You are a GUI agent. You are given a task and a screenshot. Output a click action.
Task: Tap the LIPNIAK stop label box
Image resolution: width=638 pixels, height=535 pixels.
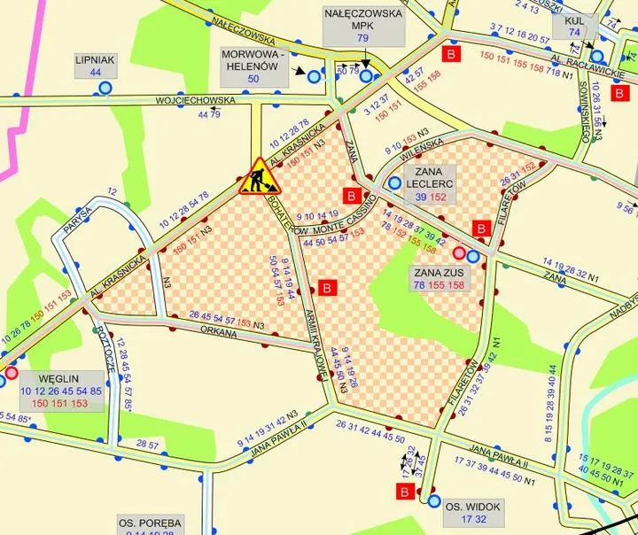96,66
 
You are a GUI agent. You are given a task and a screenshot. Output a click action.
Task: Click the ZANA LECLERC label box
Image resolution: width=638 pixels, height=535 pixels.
429,183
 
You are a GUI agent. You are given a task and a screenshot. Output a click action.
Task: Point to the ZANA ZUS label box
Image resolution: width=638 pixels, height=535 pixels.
439,279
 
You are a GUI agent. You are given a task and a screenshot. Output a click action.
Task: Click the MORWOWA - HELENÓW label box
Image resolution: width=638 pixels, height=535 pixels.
253,66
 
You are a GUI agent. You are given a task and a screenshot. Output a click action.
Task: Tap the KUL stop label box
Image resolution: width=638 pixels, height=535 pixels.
574,26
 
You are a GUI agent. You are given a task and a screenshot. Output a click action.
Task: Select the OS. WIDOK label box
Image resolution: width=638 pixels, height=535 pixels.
465,512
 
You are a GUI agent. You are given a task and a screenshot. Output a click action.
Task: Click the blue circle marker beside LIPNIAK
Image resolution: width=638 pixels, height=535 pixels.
106,88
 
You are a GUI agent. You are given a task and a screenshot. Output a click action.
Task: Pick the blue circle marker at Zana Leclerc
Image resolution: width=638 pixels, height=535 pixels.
393,183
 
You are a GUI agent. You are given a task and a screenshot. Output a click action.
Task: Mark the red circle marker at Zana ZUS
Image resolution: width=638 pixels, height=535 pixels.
459,256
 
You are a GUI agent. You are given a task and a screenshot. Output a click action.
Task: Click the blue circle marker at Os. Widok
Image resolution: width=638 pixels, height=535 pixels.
434,501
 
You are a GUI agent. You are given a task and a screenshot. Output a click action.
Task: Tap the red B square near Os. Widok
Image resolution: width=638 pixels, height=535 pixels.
405,492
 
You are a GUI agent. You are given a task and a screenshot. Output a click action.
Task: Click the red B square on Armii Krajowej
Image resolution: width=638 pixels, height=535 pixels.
327,288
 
